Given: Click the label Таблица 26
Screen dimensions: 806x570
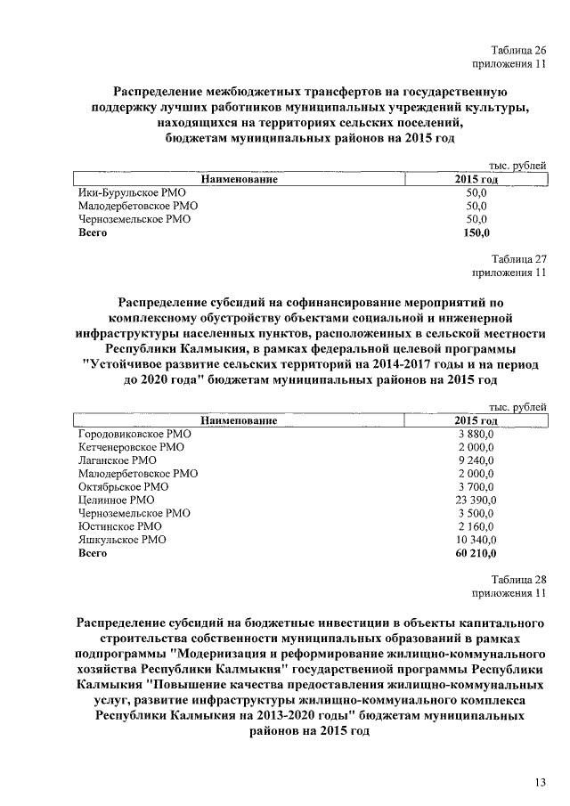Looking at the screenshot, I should (x=518, y=50).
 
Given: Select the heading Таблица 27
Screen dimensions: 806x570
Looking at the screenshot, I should (x=518, y=258).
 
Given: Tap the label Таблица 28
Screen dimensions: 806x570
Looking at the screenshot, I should (x=518, y=580).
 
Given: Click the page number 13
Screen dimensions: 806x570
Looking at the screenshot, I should (x=539, y=783).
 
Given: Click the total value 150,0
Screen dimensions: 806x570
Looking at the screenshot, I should (x=476, y=232).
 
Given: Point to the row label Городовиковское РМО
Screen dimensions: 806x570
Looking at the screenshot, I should (x=135, y=433).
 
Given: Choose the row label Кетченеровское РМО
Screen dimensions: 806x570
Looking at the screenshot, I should (x=132, y=446).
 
